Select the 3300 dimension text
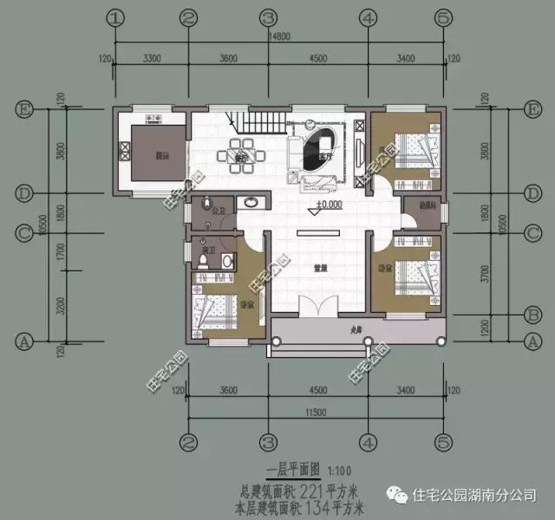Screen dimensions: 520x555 153,58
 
